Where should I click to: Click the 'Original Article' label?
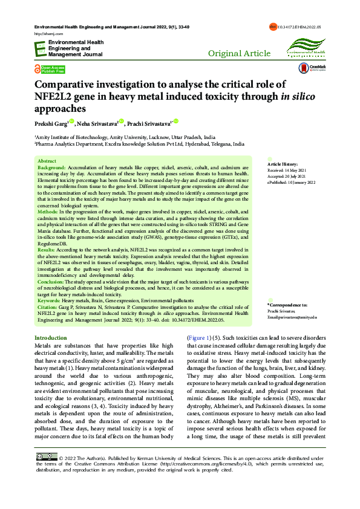pyautogui.click(x=239, y=54)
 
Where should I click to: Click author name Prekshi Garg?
pyautogui.click(x=50, y=125)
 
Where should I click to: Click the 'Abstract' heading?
pyautogui.click(x=47, y=161)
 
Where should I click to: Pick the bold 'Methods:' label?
pyautogui.click(x=48, y=213)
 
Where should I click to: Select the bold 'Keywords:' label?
pyautogui.click(x=50, y=300)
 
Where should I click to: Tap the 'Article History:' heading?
pyautogui.click(x=282, y=164)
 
